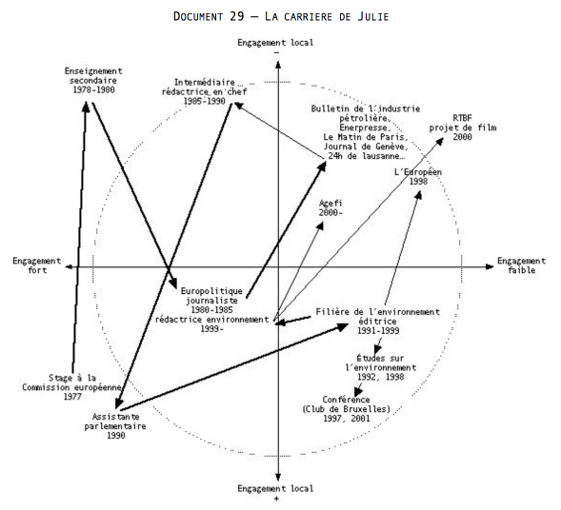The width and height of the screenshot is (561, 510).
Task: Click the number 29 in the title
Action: coord(237,16)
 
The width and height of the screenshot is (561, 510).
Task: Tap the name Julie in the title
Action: coord(372,16)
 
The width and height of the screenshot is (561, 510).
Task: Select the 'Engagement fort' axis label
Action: coord(37,265)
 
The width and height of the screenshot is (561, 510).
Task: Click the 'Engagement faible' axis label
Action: coord(521,265)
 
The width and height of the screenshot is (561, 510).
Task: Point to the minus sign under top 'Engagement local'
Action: coord(276,52)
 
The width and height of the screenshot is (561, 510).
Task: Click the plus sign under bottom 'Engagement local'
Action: coord(276,499)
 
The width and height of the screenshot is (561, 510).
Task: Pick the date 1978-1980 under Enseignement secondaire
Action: coord(93,89)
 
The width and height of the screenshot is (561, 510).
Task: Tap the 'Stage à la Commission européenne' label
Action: coord(72,382)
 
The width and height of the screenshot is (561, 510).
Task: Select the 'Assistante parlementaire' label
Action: coord(115,422)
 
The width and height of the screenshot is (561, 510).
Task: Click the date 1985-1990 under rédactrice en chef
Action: coord(204,101)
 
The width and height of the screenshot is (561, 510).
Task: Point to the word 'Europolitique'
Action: coord(211,291)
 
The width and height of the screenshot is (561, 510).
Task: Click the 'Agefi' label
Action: coord(331,204)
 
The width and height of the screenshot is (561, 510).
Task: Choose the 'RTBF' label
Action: coord(462,118)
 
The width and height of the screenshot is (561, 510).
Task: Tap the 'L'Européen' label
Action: coord(418,172)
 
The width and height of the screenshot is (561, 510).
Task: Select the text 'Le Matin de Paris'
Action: coord(364,137)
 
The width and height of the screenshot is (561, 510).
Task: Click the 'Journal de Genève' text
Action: coord(365,147)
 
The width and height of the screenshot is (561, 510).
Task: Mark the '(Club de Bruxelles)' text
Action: coord(347,409)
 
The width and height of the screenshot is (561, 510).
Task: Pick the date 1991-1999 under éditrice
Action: coord(378,330)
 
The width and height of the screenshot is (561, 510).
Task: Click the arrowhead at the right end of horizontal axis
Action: coord(490,266)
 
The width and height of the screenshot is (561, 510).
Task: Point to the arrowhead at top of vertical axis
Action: coord(278,65)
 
